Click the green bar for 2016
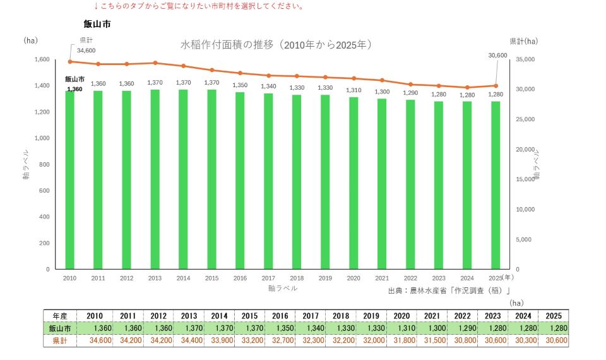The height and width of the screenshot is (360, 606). [240, 181]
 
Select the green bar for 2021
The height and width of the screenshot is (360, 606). [382, 184]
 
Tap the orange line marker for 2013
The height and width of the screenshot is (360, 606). [155, 63]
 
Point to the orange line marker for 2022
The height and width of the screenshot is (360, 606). [410, 84]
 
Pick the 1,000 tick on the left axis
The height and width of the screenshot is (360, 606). [42, 138]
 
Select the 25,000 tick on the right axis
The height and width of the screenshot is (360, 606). [525, 119]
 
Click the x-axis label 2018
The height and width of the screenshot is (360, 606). [297, 278]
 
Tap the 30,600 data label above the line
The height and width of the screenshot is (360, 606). [497, 56]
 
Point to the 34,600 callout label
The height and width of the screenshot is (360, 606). [86, 51]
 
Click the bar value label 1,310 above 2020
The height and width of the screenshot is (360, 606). [353, 90]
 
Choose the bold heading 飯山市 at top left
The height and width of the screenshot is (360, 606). [97, 24]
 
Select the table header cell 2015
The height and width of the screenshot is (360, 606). [250, 316]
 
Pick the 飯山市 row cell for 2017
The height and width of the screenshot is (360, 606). [311, 328]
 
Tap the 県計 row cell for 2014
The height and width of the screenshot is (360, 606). [219, 340]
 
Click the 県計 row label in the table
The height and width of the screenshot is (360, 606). [60, 340]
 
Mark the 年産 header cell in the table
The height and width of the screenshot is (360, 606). [60, 316]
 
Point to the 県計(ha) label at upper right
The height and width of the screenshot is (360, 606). [524, 41]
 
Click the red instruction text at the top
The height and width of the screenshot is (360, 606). [199, 6]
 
